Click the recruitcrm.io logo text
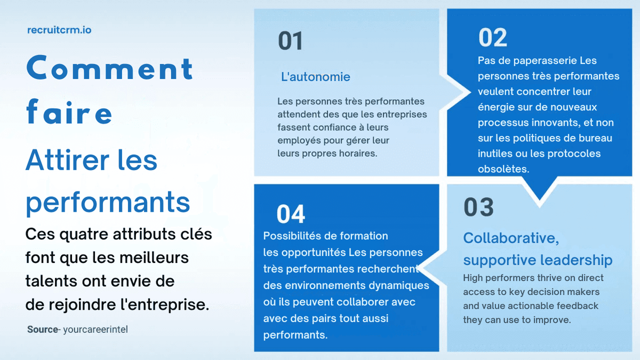coord(59,30)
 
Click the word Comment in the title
coord(110,69)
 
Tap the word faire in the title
coord(69,113)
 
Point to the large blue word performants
coord(108,202)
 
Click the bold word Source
coord(42,330)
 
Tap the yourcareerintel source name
coord(95,330)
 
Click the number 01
coord(290,42)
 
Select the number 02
coord(493,38)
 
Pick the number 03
coord(478,207)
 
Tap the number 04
coord(291,214)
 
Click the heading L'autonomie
coord(316,77)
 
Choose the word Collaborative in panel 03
coord(510,238)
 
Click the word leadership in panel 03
coord(576,260)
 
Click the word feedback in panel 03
coord(577,306)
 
